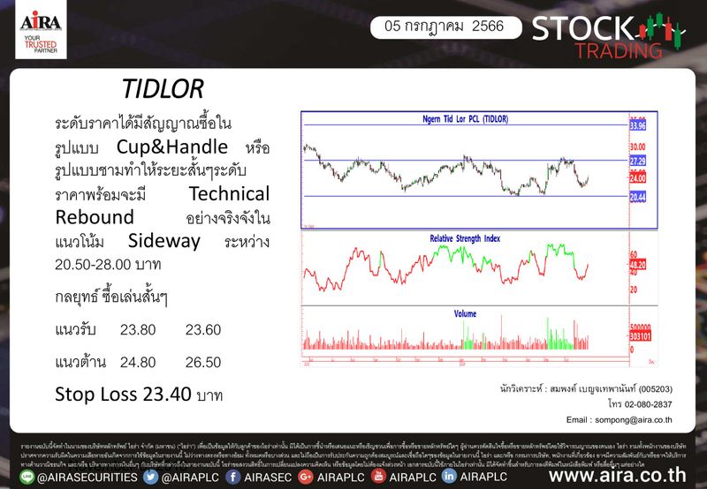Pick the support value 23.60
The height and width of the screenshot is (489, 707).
(203, 330)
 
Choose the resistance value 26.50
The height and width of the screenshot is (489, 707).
(203, 361)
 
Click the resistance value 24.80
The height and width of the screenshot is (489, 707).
(137, 361)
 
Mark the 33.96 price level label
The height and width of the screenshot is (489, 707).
(638, 126)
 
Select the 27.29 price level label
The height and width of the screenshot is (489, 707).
(638, 161)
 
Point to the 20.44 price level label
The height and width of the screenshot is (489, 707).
(638, 195)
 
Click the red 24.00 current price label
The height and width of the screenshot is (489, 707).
(637, 177)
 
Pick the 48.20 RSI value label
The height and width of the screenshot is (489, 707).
(638, 263)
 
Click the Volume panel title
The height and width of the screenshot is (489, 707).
(466, 313)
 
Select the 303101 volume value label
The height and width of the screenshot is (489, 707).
(640, 335)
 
